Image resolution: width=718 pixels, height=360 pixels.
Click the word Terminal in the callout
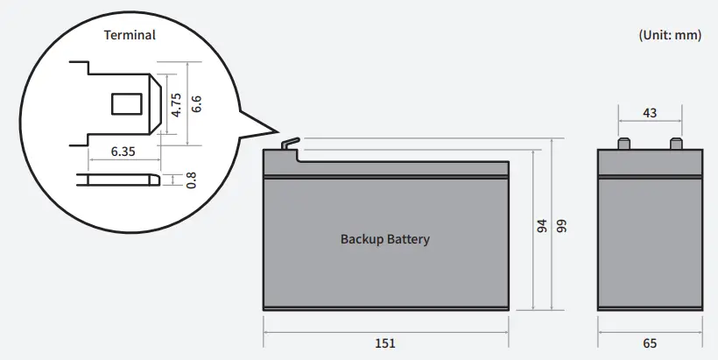(x=130, y=35)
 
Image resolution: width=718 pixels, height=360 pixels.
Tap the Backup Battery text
(x=384, y=238)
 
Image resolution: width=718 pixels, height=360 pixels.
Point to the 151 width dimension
(x=384, y=342)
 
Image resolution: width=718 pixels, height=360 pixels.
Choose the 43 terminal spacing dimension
(x=650, y=112)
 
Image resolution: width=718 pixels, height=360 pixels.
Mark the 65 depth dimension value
(x=649, y=342)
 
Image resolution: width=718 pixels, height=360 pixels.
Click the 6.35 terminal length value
(x=123, y=151)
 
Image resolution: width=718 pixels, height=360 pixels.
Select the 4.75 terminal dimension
(x=176, y=104)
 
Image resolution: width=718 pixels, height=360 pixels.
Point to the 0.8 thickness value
(x=191, y=180)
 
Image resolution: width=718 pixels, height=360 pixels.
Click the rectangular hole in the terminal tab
(x=129, y=103)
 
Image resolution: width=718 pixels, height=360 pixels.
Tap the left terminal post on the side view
(x=623, y=144)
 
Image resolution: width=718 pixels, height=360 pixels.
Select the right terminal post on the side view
(x=675, y=144)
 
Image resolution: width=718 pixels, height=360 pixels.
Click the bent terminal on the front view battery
(x=290, y=145)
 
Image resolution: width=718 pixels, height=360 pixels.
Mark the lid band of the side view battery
(x=650, y=163)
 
